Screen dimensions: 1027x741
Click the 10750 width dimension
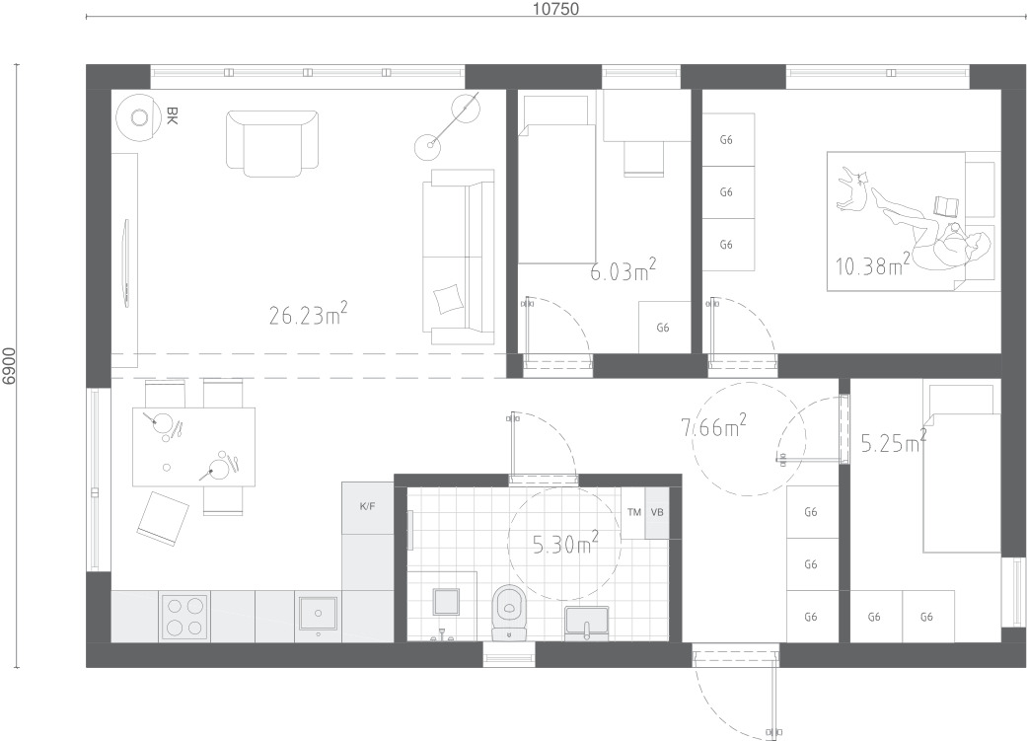coord(555,9)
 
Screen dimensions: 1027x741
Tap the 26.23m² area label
coord(308,315)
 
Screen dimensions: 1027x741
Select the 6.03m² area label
coord(623,270)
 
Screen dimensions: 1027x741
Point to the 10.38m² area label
coord(872,264)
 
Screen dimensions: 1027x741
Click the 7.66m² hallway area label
coord(714,427)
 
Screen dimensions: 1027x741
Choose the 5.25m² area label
coord(894,443)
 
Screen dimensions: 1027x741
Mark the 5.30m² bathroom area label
coord(565,544)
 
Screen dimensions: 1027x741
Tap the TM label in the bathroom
coord(634,512)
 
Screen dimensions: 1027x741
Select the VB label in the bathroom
coord(657,512)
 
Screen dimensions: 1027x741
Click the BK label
coord(173,116)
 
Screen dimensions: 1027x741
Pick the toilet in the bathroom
coord(509,612)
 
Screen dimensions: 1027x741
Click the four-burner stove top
coord(184,618)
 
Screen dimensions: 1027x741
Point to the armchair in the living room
coord(272,143)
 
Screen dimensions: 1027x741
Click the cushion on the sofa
coord(449,300)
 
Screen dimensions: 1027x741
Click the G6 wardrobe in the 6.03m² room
coord(664,328)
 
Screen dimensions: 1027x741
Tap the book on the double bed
coord(946,206)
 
